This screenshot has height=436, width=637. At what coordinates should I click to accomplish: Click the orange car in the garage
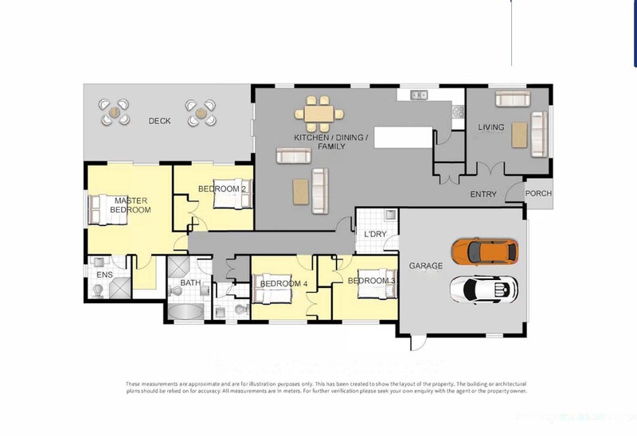pyautogui.click(x=484, y=251)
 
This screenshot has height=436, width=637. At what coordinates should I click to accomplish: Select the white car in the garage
pyautogui.click(x=483, y=289)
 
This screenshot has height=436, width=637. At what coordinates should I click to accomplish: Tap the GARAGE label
pyautogui.click(x=425, y=265)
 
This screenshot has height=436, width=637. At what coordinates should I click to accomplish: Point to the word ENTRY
pyautogui.click(x=483, y=194)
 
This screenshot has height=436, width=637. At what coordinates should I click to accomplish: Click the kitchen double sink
pyautogui.click(x=419, y=95)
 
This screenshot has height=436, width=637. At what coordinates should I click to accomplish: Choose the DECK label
pyautogui.click(x=159, y=121)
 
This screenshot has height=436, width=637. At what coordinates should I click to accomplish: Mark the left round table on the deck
pyautogui.click(x=115, y=111)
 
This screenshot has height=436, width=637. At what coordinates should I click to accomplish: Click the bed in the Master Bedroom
pyautogui.click(x=103, y=210)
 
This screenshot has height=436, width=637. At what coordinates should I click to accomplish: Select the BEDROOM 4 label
pyautogui.click(x=283, y=283)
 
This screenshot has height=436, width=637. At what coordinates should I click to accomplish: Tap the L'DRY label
pyautogui.click(x=375, y=234)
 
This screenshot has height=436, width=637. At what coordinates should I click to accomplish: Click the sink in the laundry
pyautogui.click(x=390, y=215)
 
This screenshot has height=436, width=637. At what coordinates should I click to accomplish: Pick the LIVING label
pyautogui.click(x=491, y=127)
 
